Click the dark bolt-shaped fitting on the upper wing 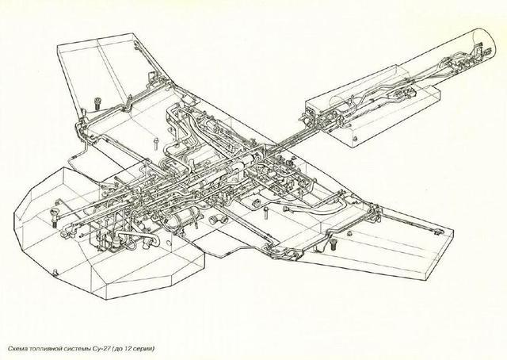tap(97, 104)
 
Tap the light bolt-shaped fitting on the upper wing tap(156, 144)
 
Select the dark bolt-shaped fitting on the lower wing tap(333, 243)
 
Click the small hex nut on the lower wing tap(349, 233)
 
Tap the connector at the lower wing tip tap(438, 232)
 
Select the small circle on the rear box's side tap(356, 140)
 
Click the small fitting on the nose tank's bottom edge tap(55, 273)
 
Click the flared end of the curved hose tap(286, 209)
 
